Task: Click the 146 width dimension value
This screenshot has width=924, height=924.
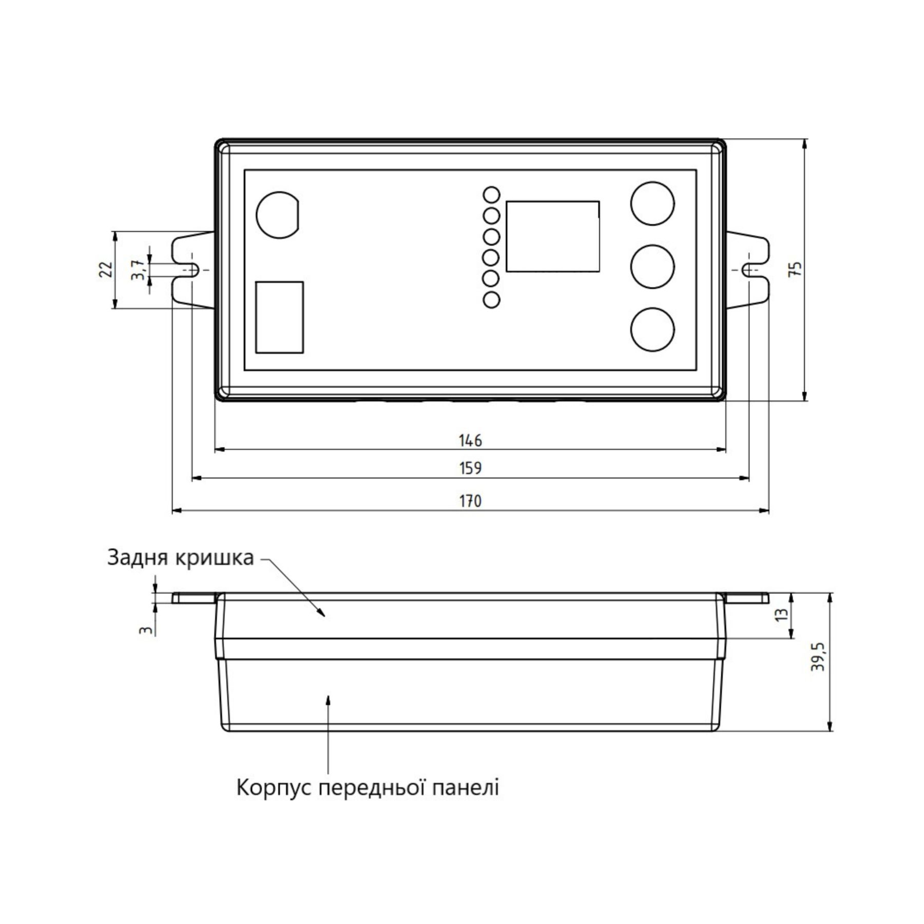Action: coord(470,440)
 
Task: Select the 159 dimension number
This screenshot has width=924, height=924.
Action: coord(470,468)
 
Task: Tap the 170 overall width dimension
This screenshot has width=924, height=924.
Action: coord(470,500)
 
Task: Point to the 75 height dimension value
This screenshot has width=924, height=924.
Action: coord(794,269)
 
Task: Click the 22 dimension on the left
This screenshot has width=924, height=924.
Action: coord(105,269)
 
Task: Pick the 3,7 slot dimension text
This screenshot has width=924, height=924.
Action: coord(138,269)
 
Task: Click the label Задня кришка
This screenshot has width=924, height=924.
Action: coord(180,557)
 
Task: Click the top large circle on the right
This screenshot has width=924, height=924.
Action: coord(652,203)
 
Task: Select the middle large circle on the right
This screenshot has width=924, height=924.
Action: coord(652,267)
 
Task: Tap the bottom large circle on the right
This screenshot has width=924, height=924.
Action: coord(652,330)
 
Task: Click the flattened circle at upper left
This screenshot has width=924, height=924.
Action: coord(278,215)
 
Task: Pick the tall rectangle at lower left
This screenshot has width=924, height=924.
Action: coord(279,317)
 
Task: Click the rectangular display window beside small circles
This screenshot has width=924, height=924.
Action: coord(553,236)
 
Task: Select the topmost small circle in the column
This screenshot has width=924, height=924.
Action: coord(491,195)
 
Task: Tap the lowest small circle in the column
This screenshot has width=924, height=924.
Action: coord(491,300)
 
